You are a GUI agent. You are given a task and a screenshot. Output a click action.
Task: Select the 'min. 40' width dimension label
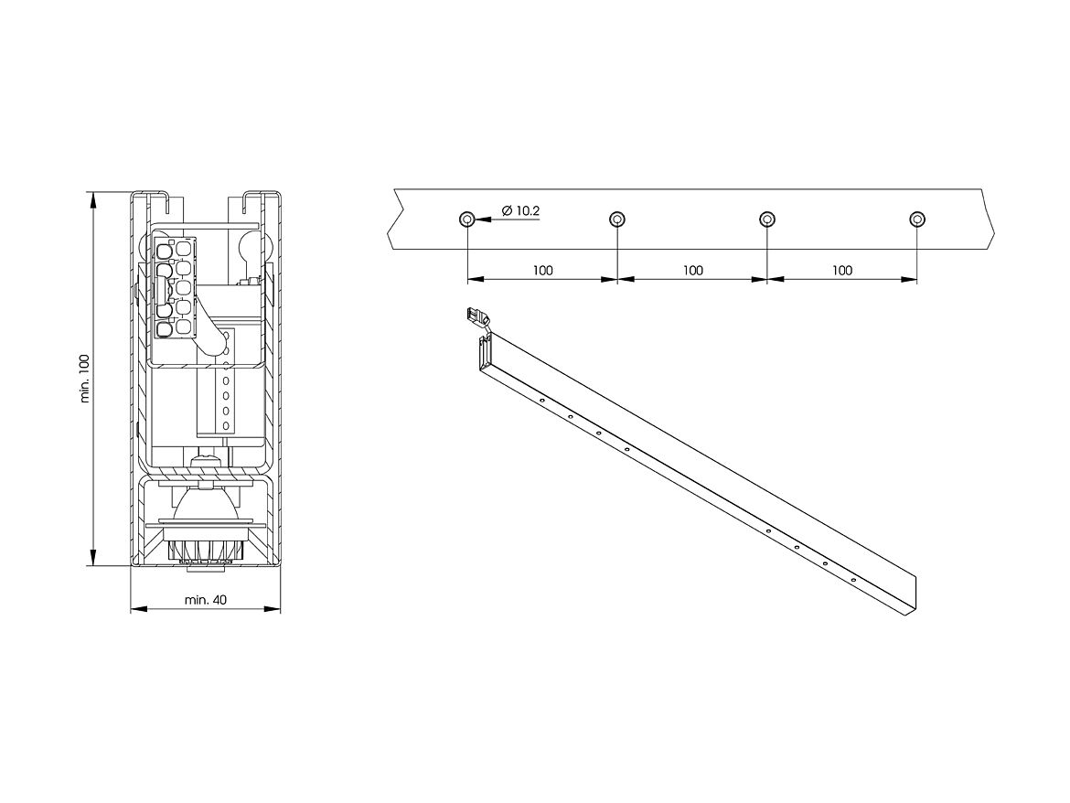coord(206,600)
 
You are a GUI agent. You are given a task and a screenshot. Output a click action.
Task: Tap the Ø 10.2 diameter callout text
coord(520,211)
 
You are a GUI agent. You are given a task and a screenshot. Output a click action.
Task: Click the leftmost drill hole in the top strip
coord(466,219)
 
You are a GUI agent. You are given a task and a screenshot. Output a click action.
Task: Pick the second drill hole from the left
coord(617,219)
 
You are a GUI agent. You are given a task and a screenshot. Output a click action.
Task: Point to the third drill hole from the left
coord(767,219)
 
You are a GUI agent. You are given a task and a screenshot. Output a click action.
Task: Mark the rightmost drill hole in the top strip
coord(917,219)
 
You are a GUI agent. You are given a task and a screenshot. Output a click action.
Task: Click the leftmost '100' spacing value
coord(542,271)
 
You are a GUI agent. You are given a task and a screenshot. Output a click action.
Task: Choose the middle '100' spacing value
coord(692,271)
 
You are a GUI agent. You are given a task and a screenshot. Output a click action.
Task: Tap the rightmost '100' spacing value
coord(842,271)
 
